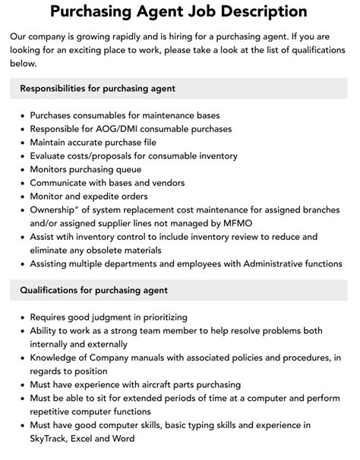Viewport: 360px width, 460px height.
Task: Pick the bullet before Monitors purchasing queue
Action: (20, 169)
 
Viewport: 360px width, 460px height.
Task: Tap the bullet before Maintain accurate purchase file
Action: (20, 142)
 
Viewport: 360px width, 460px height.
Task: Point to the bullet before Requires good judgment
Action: (20, 317)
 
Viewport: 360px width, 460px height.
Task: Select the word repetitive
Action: (56, 411)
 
